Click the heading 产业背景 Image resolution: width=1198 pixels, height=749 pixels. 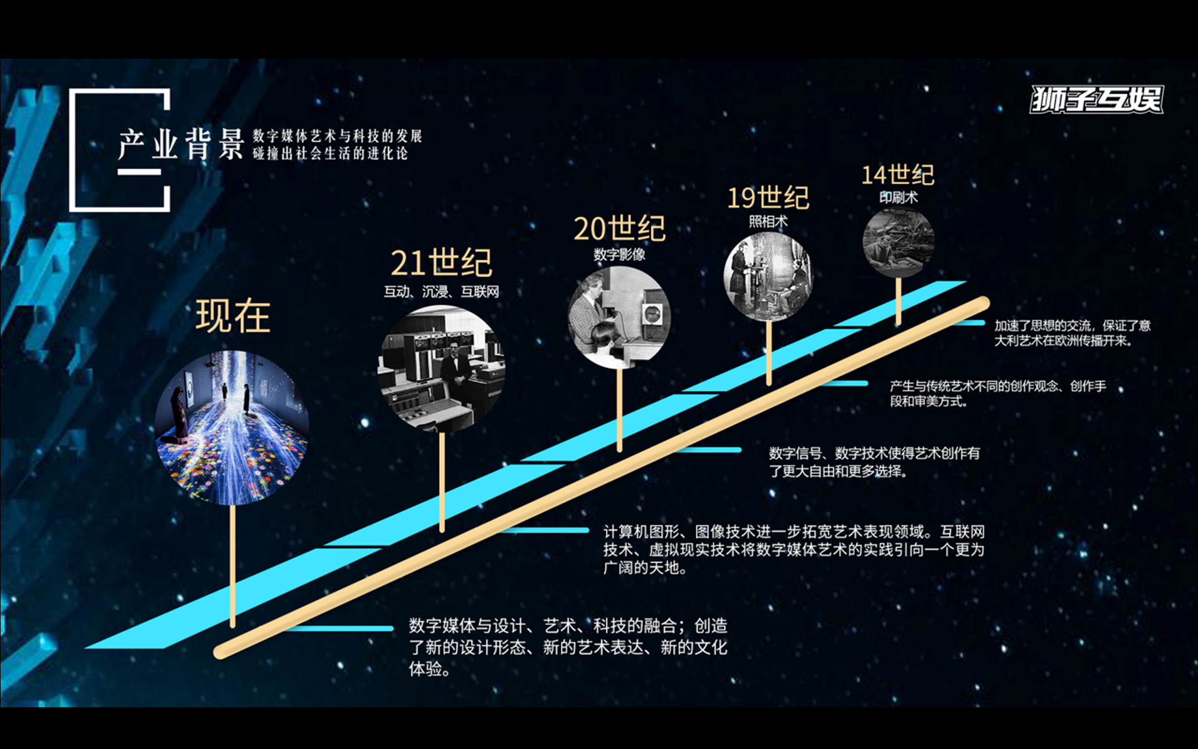pos(181,144)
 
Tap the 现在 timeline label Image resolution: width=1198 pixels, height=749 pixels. pos(233,316)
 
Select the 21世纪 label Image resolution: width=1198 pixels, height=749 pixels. pos(441,263)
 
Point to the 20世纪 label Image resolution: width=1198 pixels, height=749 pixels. pos(620,228)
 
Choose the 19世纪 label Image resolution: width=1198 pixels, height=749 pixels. pos(768,198)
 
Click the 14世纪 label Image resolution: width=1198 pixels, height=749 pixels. pos(898,175)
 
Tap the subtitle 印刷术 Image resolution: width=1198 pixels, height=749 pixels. pos(898,197)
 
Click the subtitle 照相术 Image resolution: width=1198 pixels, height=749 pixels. pos(768,222)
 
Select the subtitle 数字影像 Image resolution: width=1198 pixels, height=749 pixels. pos(620,255)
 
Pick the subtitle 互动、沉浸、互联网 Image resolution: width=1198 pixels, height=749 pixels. pos(441,291)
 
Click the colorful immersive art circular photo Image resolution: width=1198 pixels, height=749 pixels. pos(232,428)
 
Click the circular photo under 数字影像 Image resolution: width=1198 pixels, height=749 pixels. pos(620,318)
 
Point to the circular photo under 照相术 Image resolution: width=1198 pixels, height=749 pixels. pos(769,277)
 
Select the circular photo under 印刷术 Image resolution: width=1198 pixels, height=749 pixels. pos(898,243)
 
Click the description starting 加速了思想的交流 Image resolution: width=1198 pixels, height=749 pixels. pos(1072,333)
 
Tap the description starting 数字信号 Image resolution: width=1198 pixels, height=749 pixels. pos(874,462)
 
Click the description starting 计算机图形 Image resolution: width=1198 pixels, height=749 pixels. pos(794,549)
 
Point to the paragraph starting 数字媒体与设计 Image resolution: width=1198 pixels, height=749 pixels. pos(568,647)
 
